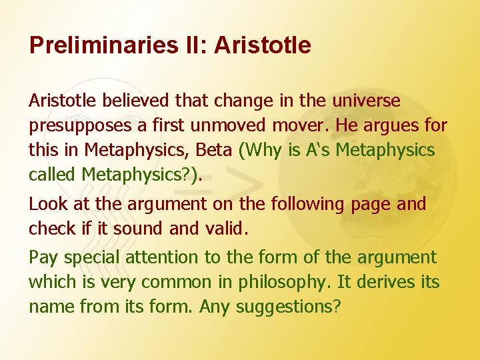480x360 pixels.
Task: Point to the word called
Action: point(53,174)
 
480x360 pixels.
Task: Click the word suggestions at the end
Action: point(288,307)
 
